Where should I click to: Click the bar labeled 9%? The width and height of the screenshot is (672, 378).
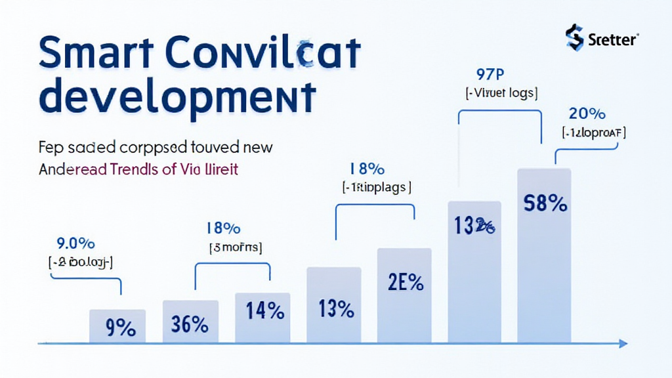[x=117, y=326]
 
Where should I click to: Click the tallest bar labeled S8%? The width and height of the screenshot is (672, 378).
[x=544, y=256]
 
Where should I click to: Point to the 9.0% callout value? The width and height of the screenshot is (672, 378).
[x=76, y=243]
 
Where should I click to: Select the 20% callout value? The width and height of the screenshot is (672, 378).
[x=587, y=113]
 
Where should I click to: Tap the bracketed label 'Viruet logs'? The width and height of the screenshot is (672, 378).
[x=502, y=93]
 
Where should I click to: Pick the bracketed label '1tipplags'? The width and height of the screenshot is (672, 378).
[x=377, y=188]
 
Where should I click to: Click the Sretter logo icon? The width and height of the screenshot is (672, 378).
[x=574, y=37]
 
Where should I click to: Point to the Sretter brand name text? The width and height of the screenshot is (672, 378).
[x=613, y=40]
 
